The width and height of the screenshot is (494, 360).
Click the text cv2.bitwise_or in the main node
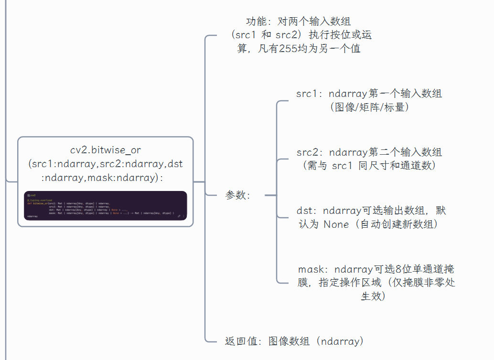(x=106, y=150)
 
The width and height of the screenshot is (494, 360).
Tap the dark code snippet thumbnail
(x=105, y=205)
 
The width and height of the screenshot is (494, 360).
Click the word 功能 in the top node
(x=257, y=21)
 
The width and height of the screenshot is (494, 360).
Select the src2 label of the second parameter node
(x=307, y=152)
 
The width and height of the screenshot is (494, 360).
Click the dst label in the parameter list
(x=305, y=211)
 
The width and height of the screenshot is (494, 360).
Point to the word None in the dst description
(x=336, y=224)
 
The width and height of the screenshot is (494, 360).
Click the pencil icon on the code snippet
(x=179, y=216)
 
